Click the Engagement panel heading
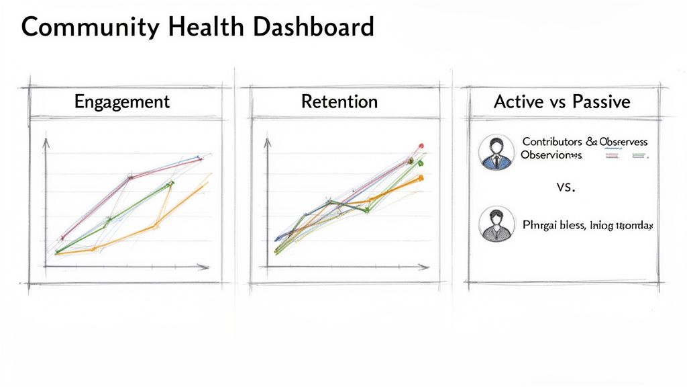(121, 102)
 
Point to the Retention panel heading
(339, 102)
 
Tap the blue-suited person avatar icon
(496, 152)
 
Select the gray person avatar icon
(496, 224)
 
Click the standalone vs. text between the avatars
(566, 187)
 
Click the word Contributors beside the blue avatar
(552, 142)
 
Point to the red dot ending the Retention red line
(421, 145)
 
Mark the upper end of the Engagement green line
(171, 183)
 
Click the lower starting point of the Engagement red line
(62, 237)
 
